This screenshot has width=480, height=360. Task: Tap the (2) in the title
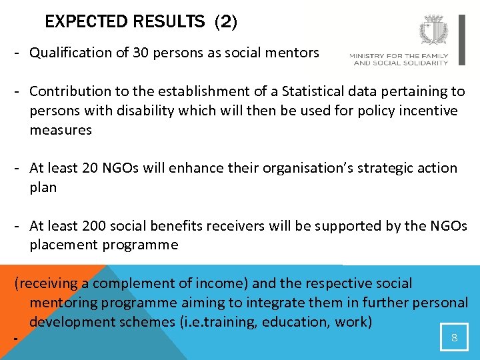point(225,22)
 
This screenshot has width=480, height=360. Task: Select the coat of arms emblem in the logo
point(434,31)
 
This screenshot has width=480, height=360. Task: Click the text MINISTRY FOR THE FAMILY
point(399,56)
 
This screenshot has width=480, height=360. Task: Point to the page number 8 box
point(454,337)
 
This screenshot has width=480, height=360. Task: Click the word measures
point(60,130)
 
